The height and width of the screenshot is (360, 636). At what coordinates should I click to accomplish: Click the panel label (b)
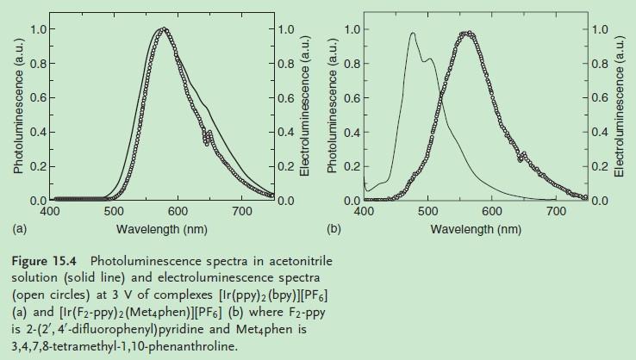tap(334, 229)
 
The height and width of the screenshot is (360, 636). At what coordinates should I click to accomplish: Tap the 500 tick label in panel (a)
tap(115, 212)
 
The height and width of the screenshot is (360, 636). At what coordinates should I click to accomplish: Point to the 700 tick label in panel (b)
tap(557, 211)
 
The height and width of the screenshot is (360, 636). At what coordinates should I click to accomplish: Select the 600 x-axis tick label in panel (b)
tap(492, 211)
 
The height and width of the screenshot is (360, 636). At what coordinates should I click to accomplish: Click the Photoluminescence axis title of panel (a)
tap(16, 115)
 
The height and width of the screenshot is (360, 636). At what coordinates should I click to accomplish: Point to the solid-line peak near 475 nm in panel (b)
tap(413, 34)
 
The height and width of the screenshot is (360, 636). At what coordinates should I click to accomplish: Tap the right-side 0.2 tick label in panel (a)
tap(285, 166)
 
